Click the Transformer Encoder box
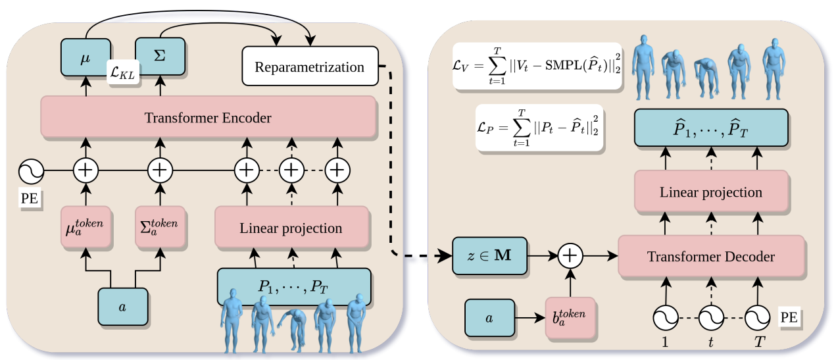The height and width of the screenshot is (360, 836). click(x=208, y=118)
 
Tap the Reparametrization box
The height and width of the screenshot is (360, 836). click(x=308, y=66)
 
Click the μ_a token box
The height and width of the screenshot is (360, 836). click(x=85, y=228)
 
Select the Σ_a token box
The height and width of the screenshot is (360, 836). click(x=159, y=228)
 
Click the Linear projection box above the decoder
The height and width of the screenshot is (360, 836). click(x=710, y=192)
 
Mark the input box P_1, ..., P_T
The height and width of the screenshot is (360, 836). click(x=293, y=286)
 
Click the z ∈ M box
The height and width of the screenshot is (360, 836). click(x=490, y=255)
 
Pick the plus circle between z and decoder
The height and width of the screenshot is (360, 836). click(x=570, y=255)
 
